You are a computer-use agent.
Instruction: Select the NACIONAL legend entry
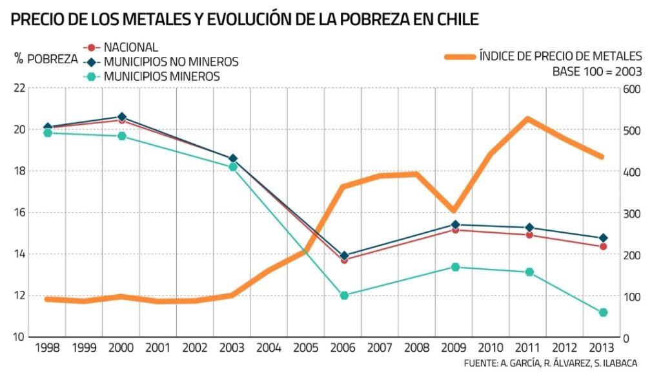(x=130, y=47)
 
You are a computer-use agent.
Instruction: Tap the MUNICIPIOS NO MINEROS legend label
(x=171, y=62)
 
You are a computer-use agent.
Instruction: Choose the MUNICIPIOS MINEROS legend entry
(x=161, y=76)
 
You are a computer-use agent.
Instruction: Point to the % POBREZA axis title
(x=45, y=59)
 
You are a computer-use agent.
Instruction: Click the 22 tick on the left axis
(x=20, y=88)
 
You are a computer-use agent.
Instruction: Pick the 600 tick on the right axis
(x=632, y=89)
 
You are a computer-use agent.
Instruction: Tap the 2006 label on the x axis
(x=344, y=347)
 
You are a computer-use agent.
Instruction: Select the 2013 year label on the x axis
(x=603, y=347)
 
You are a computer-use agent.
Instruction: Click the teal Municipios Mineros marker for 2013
(x=603, y=312)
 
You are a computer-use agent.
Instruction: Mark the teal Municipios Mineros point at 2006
(x=344, y=295)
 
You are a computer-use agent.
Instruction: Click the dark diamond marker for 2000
(x=122, y=117)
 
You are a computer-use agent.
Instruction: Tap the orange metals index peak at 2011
(x=528, y=119)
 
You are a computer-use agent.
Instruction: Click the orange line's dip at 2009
(x=454, y=211)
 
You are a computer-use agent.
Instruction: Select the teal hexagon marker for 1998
(x=47, y=133)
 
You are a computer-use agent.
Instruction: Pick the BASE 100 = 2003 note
(x=596, y=71)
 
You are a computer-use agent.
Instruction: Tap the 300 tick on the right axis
(x=632, y=213)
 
